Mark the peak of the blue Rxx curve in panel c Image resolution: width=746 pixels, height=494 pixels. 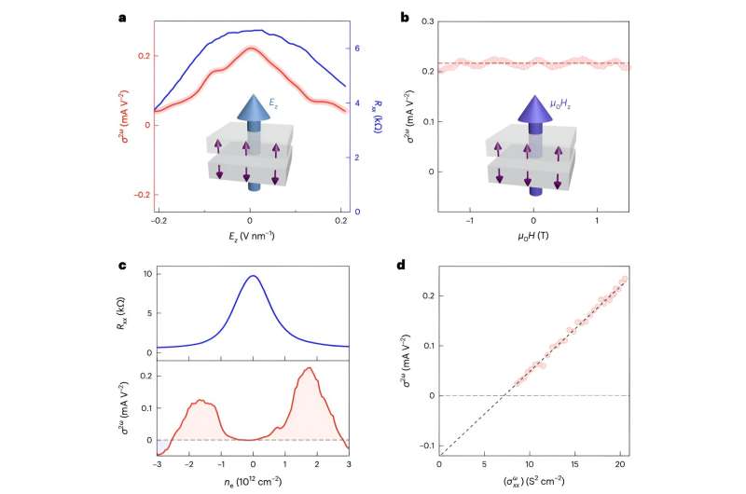[x=253, y=276]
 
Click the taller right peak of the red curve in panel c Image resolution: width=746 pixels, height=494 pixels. [x=308, y=369]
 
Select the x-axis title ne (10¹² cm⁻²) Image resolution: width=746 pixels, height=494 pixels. [x=252, y=485]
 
